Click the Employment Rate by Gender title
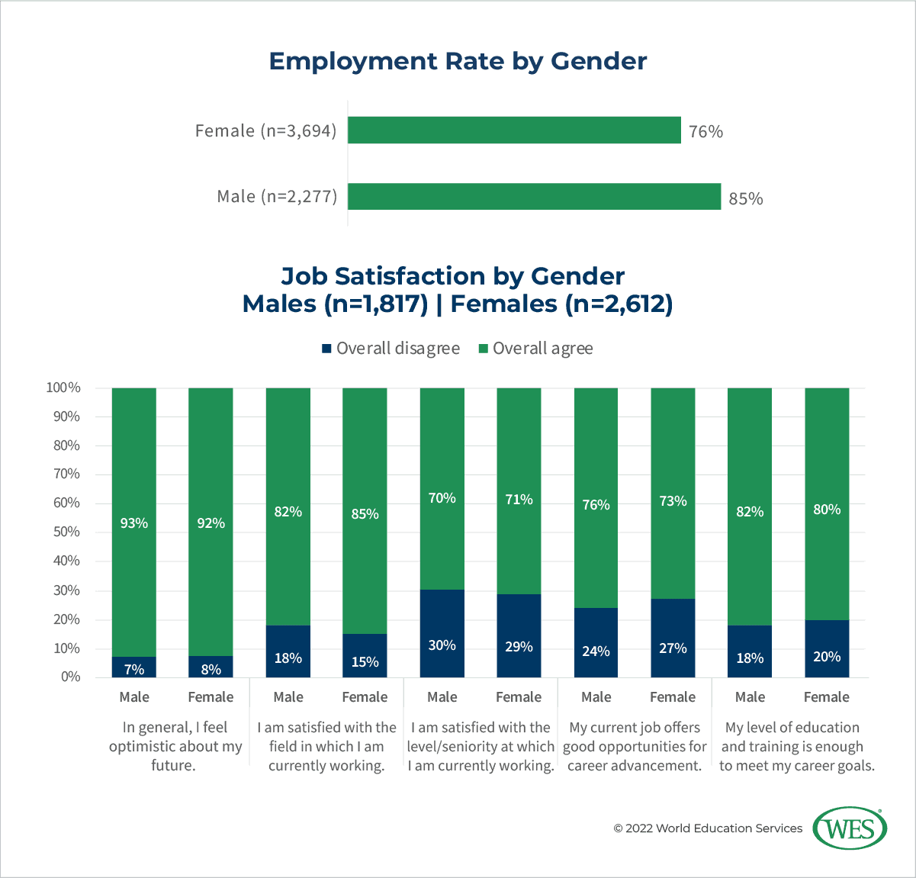pyautogui.click(x=458, y=61)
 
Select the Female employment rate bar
pyautogui.click(x=514, y=130)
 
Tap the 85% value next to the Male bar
pyautogui.click(x=745, y=198)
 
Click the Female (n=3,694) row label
pyautogui.click(x=265, y=130)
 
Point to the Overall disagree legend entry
pyautogui.click(x=390, y=349)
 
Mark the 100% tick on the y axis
pyautogui.click(x=63, y=388)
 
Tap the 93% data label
pyautogui.click(x=134, y=523)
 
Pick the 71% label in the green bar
pyautogui.click(x=519, y=500)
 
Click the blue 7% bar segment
pyautogui.click(x=134, y=667)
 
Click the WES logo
pyautogui.click(x=850, y=828)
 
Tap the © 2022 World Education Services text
pyautogui.click(x=708, y=828)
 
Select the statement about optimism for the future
pyautogui.click(x=175, y=746)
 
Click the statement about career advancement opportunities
pyautogui.click(x=635, y=746)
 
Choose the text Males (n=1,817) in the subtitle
pyautogui.click(x=335, y=304)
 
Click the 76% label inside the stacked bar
pyautogui.click(x=596, y=505)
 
